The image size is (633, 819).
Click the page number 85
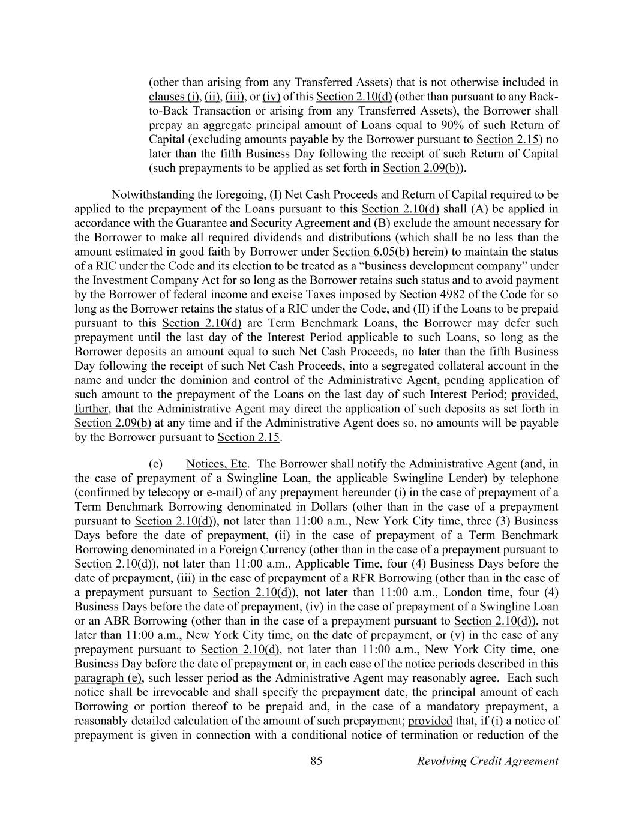[x=317, y=761]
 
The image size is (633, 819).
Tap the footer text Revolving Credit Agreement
[x=487, y=761]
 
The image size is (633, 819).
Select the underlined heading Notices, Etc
[x=217, y=464]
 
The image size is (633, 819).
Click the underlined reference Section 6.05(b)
[x=370, y=252]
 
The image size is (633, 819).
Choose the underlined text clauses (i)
[x=174, y=97]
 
